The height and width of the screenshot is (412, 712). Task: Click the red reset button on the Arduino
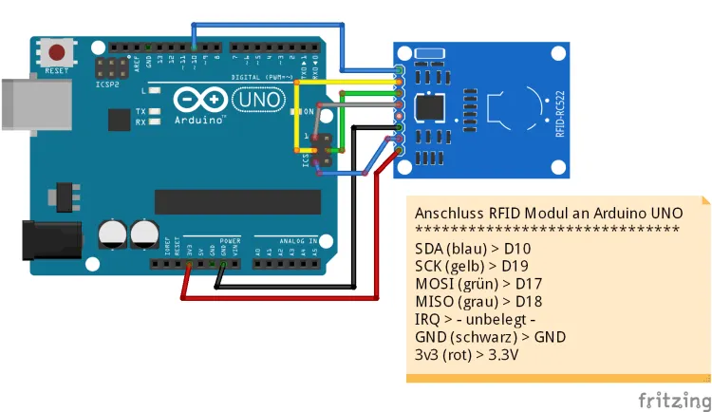[59, 52]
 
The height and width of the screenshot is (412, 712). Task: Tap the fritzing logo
[673, 398]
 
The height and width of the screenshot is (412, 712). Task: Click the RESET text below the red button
[57, 70]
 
